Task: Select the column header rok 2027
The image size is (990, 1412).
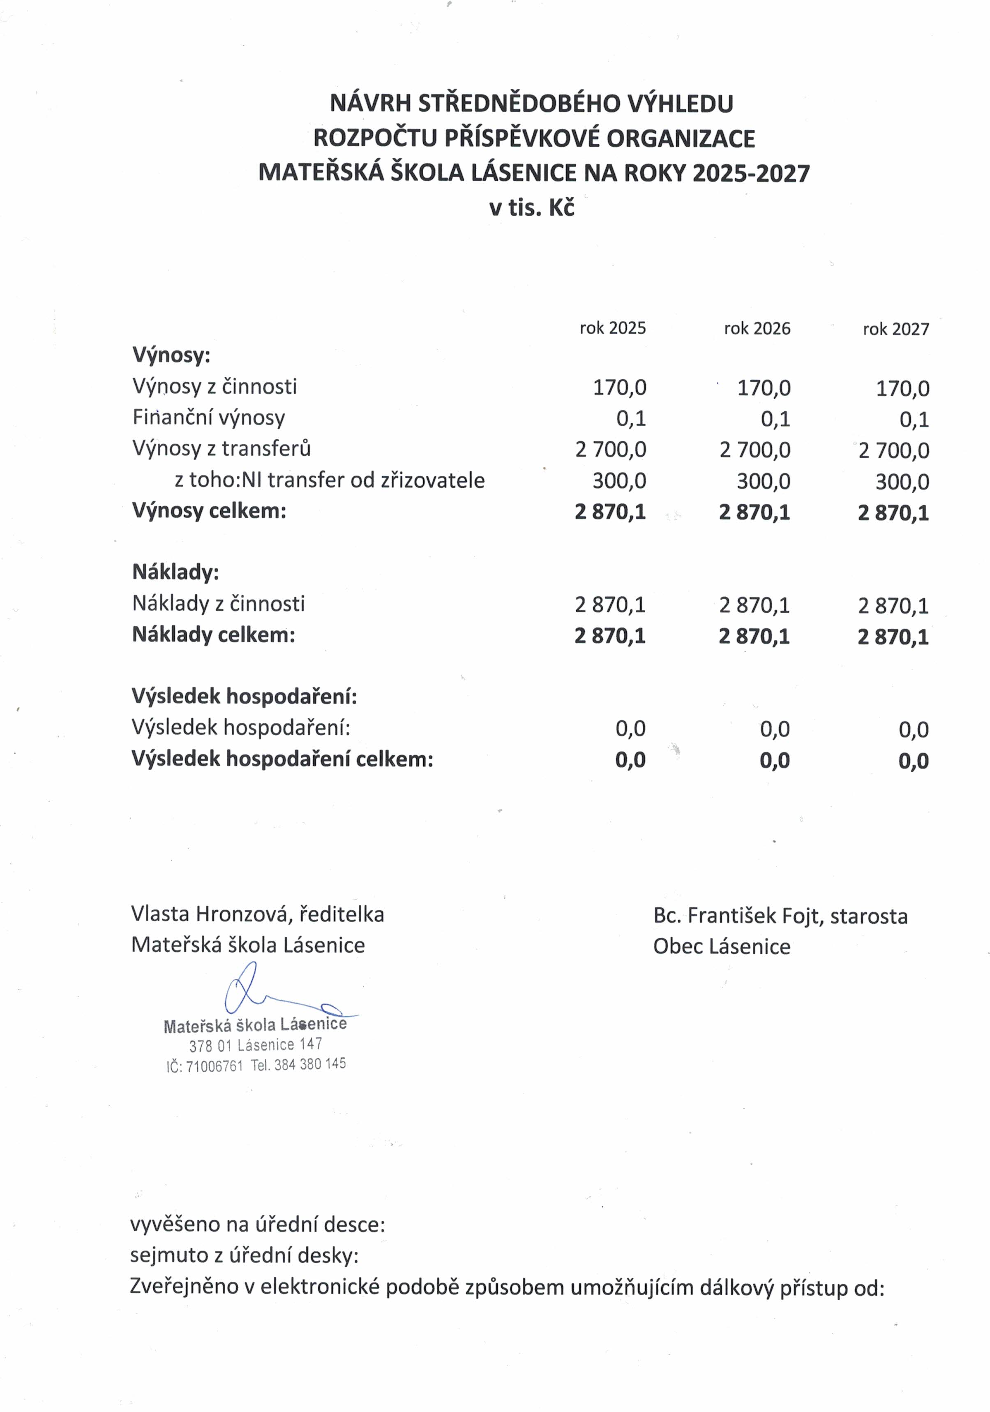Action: coord(895,329)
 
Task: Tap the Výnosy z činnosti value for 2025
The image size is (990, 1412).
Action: coord(619,388)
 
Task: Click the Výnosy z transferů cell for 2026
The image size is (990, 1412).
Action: coord(755,450)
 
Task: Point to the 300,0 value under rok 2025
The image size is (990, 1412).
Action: coord(619,481)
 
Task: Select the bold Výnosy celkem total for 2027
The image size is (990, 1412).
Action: coord(893,513)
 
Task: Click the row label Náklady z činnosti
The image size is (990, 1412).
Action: coord(218,603)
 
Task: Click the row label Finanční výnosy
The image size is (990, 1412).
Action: coord(208,418)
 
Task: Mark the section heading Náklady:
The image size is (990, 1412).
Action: coord(175,572)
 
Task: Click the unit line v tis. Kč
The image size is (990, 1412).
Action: coord(531,208)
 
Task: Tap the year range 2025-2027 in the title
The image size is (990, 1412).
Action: coord(751,173)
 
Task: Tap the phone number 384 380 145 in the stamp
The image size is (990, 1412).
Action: coord(309,1064)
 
